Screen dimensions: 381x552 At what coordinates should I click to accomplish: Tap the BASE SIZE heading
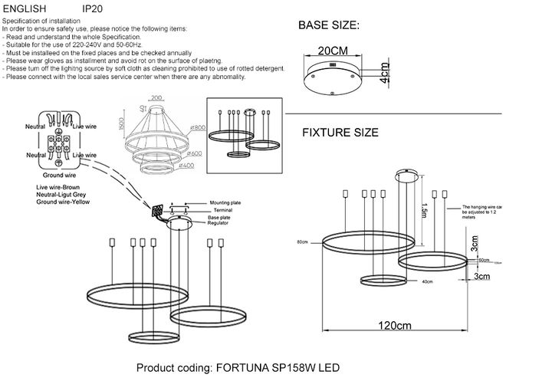328,26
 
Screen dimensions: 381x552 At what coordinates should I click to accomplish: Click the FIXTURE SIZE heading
340,133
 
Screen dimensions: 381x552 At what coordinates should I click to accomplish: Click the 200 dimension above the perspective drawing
158,99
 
